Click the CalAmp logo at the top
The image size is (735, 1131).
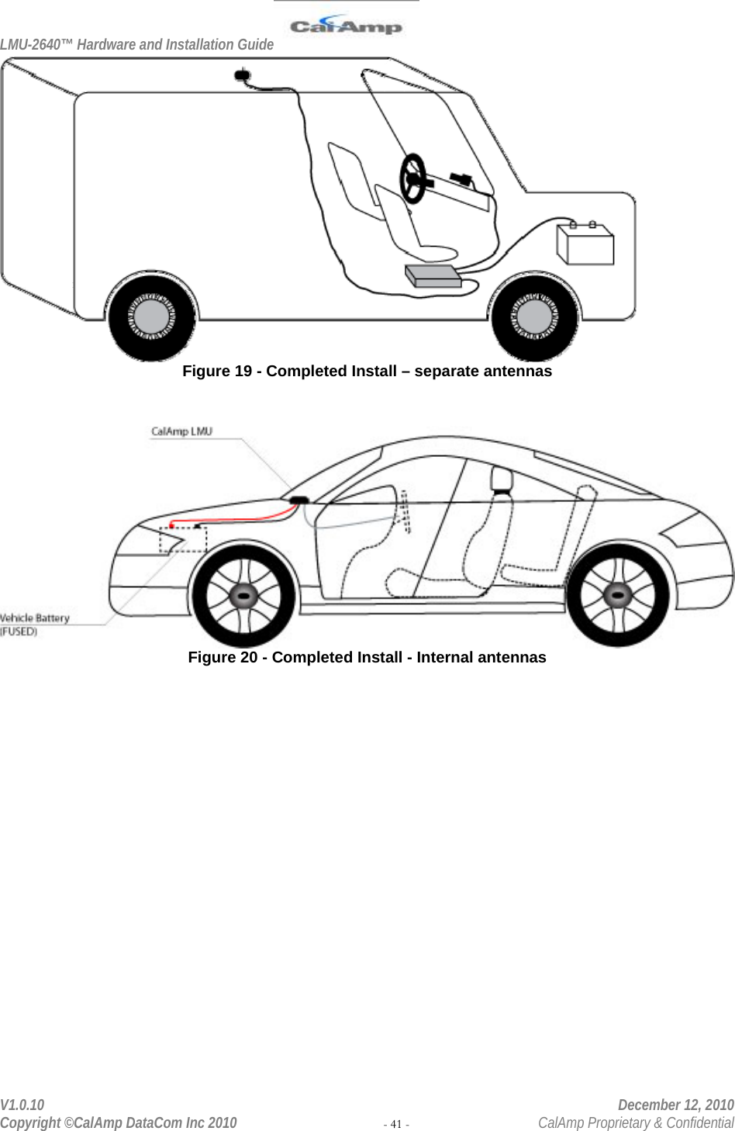346,26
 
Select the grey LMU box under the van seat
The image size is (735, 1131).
433,275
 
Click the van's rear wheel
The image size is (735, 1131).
152,316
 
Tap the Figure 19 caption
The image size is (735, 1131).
367,372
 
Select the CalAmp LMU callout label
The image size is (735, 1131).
181,431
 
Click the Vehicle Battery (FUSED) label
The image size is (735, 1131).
35,624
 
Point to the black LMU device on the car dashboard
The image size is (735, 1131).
298,500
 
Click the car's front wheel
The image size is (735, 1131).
244,595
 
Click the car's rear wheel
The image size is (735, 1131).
617,595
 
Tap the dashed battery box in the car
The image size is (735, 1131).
183,538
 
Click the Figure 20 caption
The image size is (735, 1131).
367,658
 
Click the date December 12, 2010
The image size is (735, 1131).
675,1105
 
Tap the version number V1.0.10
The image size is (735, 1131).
22,1105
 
